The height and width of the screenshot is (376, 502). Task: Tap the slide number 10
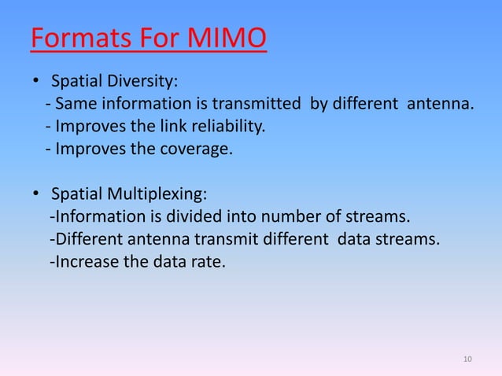[467, 359]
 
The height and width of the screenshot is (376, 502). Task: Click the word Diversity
[149, 81]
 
